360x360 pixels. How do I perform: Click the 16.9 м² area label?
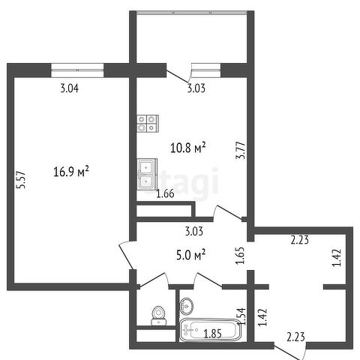(x=71, y=172)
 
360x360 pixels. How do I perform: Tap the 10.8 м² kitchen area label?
(x=188, y=148)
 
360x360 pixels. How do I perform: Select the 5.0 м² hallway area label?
(x=190, y=256)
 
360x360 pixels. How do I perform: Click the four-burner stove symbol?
(x=148, y=124)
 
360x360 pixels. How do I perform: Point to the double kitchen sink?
(x=147, y=174)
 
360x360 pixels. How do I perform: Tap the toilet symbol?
(x=158, y=316)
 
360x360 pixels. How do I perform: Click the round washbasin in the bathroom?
(x=186, y=306)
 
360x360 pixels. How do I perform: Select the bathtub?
(x=210, y=330)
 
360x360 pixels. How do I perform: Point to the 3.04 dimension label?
(x=70, y=88)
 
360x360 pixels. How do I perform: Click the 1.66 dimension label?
(x=165, y=193)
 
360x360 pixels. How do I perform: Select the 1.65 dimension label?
(x=239, y=256)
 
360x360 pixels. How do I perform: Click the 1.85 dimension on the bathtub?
(x=212, y=334)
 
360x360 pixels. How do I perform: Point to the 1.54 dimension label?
(x=241, y=316)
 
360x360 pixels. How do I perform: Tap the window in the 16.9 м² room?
(x=77, y=70)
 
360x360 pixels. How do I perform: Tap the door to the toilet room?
(x=153, y=280)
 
